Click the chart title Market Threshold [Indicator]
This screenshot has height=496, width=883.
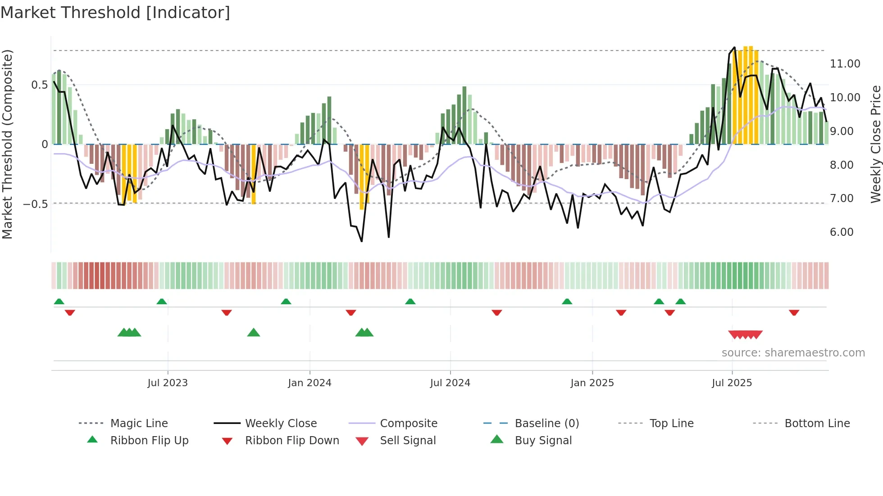pyautogui.click(x=115, y=13)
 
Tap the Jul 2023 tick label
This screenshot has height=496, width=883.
pyautogui.click(x=168, y=383)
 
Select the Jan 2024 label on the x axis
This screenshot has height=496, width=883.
pyautogui.click(x=310, y=383)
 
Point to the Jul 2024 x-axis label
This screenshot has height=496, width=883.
pyautogui.click(x=450, y=383)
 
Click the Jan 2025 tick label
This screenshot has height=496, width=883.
pyautogui.click(x=592, y=383)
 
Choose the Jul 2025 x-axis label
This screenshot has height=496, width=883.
pyautogui.click(x=732, y=383)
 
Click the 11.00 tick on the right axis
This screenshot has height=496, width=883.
pyautogui.click(x=845, y=64)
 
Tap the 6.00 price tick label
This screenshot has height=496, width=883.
pyautogui.click(x=842, y=232)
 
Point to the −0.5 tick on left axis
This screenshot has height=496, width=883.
pyautogui.click(x=35, y=204)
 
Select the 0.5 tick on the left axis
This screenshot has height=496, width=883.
pyautogui.click(x=39, y=85)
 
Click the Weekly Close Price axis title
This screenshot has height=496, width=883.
pyautogui.click(x=875, y=144)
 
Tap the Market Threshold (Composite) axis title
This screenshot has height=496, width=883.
pyautogui.click(x=7, y=144)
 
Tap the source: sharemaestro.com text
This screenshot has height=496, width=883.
pyautogui.click(x=793, y=353)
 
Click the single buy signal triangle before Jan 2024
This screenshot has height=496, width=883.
pyautogui.click(x=254, y=333)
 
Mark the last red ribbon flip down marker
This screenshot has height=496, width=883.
pyautogui.click(x=794, y=312)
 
